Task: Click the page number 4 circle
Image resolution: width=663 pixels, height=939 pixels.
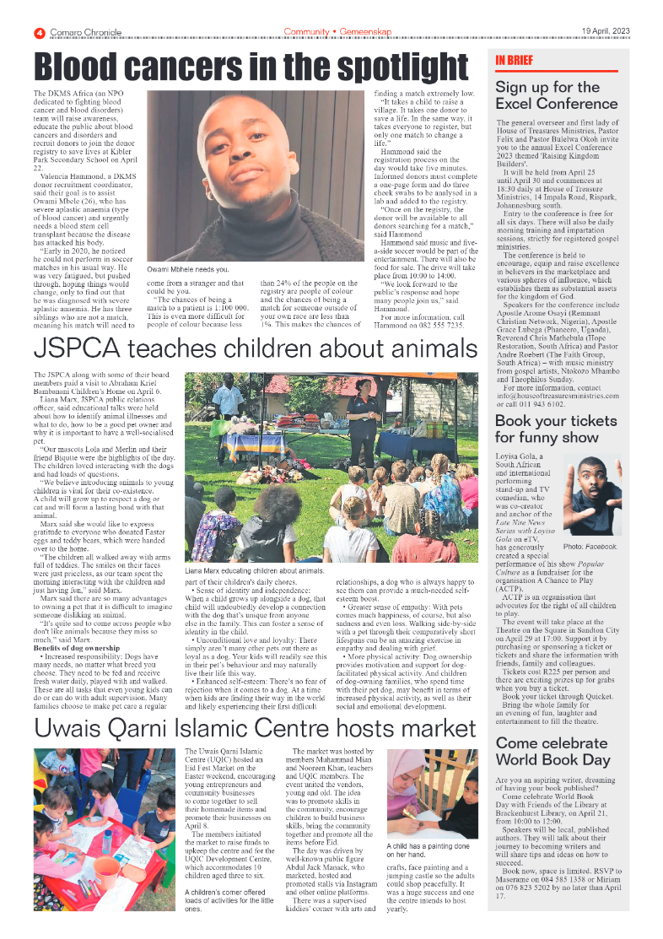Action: point(40,32)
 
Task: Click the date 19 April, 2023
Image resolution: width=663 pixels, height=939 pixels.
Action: point(606,32)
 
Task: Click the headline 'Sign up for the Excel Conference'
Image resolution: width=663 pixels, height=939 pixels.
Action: point(547,95)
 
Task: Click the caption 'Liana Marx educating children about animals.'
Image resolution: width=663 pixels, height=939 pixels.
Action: point(269,571)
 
